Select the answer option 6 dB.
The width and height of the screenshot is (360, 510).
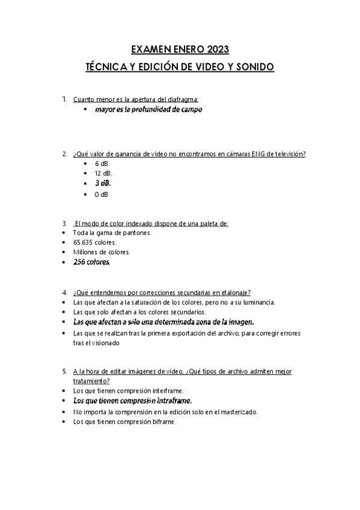102,164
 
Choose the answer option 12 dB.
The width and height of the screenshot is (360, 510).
103,173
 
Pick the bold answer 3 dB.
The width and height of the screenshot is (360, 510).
103,183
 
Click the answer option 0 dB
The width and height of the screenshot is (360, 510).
102,194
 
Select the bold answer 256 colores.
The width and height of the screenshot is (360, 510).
91,262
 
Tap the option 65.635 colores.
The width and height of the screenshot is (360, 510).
94,242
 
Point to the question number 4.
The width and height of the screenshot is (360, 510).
64,293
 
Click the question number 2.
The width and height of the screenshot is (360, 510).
64,154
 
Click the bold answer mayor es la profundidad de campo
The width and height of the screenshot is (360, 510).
148,109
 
